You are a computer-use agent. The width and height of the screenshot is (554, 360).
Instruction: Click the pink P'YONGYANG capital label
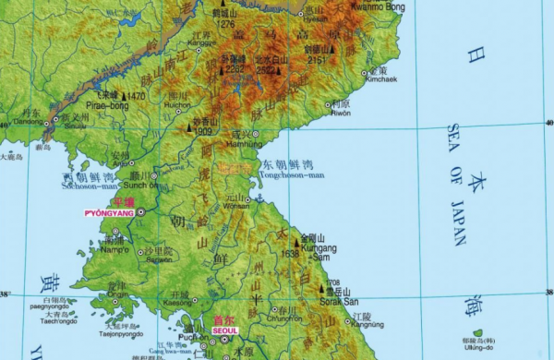(109, 212)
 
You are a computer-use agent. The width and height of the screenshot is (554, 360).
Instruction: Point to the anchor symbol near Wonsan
(259, 198)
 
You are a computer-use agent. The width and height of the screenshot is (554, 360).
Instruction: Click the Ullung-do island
(477, 333)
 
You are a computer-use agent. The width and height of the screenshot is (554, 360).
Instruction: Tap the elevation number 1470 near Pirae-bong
(137, 95)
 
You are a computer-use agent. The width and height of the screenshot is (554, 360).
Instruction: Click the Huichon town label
(176, 104)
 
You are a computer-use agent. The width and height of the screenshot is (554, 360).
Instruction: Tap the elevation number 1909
(203, 132)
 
